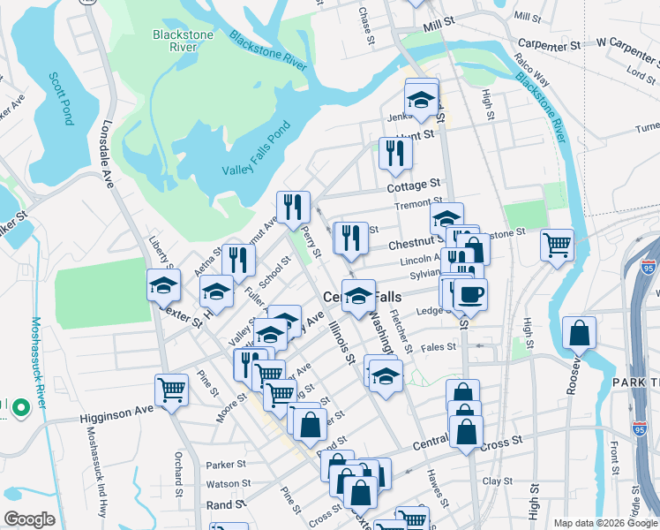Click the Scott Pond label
click(62, 99)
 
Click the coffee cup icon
click(469, 294)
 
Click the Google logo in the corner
click(29, 519)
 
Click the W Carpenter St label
click(626, 42)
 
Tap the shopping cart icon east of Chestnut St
click(557, 244)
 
